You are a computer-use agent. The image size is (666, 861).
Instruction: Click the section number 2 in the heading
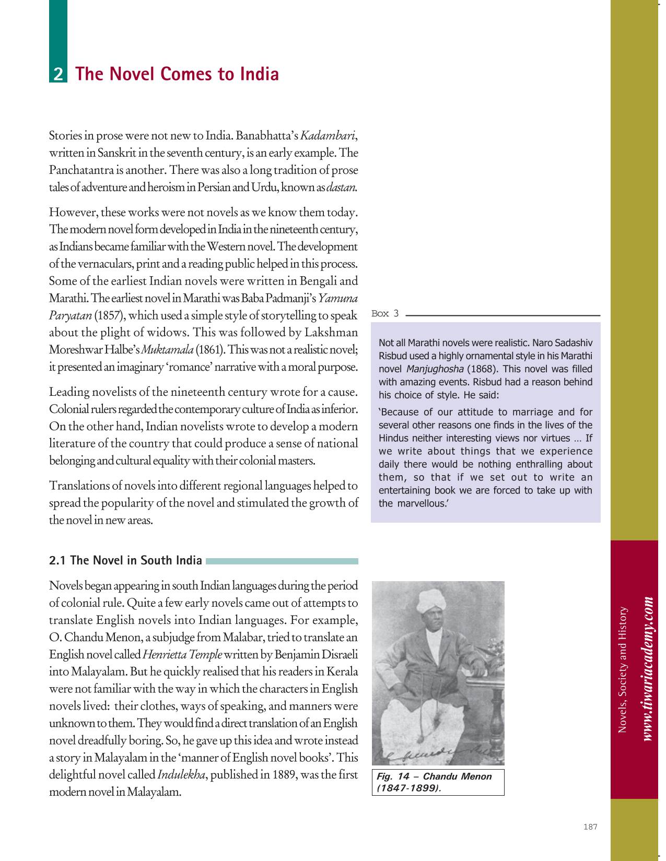tap(58, 74)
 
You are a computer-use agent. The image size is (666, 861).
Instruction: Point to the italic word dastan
tap(342, 187)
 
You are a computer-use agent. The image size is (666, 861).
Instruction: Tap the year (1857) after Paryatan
tap(109, 315)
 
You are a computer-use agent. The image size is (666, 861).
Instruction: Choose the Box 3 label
tap(384, 313)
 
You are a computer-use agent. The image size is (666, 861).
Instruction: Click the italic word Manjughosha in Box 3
tap(435, 369)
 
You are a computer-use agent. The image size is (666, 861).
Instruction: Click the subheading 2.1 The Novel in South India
tap(125, 560)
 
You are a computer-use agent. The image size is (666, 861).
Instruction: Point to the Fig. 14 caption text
tap(434, 776)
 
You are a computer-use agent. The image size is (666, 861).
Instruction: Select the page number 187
tap(590, 827)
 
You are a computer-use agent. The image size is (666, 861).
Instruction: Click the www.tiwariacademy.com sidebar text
tap(648, 668)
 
